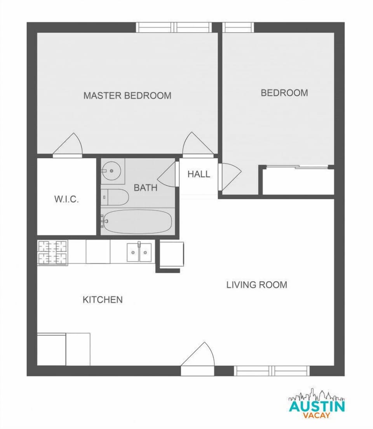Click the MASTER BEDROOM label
[x=127, y=95]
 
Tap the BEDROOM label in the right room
[x=284, y=93]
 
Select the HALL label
[x=199, y=174]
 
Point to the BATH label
[x=145, y=188]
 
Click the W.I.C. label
[x=66, y=200]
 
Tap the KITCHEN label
[x=103, y=299]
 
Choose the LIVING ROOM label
[x=256, y=285]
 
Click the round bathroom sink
[x=112, y=170]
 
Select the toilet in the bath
[x=115, y=197]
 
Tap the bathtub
[x=138, y=222]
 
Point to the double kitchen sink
[x=139, y=253]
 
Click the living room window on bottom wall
[x=272, y=371]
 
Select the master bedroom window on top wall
[x=174, y=27]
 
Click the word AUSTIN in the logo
[x=317, y=406]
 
